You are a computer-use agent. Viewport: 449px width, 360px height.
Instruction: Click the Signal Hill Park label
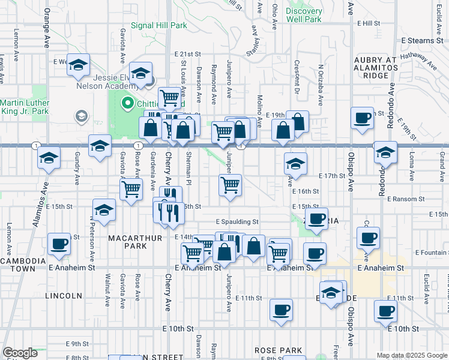(x=159, y=25)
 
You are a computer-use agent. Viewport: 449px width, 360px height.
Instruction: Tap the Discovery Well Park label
(x=304, y=15)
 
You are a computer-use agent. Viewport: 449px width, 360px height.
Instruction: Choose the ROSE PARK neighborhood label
(x=273, y=350)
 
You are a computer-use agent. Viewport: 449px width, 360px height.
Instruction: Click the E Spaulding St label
(x=237, y=221)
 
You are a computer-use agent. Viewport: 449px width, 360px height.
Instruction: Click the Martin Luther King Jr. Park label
(x=24, y=107)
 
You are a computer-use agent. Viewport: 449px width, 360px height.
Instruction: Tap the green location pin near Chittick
(x=127, y=103)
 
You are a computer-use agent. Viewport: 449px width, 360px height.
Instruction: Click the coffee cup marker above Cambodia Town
(x=59, y=244)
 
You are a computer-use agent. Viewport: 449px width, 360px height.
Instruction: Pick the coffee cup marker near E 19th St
(x=363, y=118)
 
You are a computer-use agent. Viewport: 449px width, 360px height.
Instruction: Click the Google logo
(x=20, y=353)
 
